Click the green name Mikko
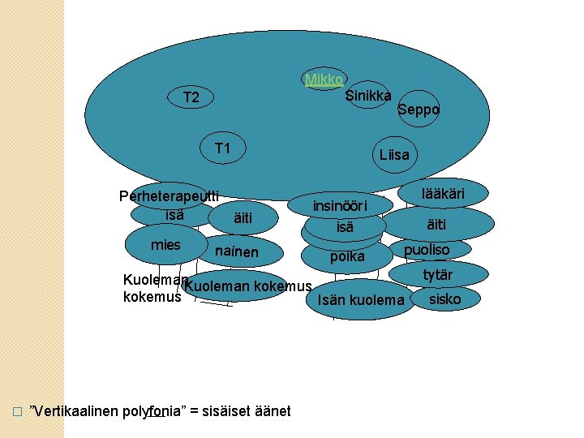324,79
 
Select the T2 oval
191,98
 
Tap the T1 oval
223,148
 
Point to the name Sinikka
368,96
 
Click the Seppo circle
419,109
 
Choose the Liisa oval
394,155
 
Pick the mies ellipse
165,246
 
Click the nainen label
237,252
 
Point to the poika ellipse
345,257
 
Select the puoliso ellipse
427,250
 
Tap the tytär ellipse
439,275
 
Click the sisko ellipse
444,298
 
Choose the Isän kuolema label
361,301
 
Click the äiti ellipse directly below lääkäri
437,222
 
